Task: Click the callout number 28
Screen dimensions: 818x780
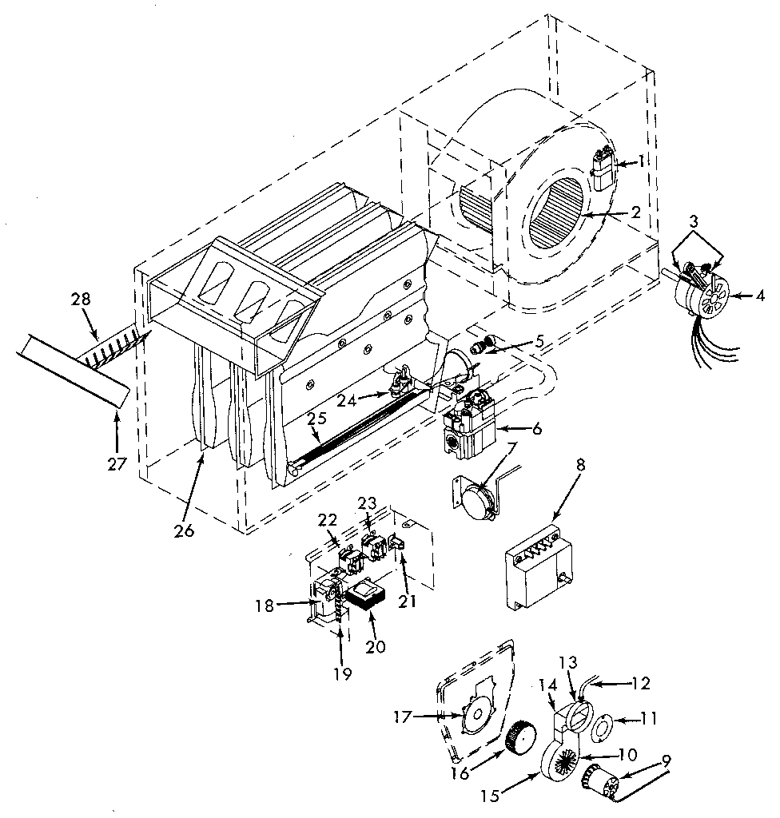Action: click(81, 300)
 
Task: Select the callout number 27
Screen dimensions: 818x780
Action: click(117, 463)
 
